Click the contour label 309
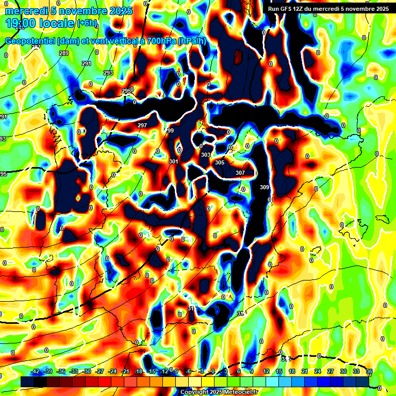(265, 187)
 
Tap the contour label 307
(240, 173)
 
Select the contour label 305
(220, 162)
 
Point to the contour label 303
(206, 155)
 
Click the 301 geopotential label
(174, 162)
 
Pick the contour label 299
(170, 131)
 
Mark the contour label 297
(142, 125)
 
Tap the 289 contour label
(64, 54)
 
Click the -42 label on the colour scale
(36, 371)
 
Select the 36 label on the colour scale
(369, 371)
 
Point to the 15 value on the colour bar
(279, 371)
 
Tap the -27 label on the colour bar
(100, 371)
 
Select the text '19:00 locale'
(40, 23)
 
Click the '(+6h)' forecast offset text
(87, 22)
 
